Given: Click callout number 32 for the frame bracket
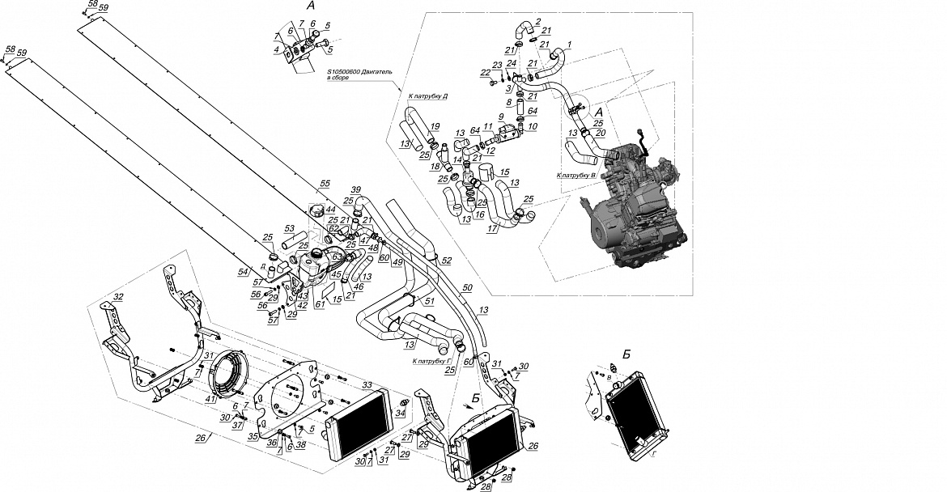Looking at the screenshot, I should [118, 298].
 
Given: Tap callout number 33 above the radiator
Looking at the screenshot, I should [367, 384].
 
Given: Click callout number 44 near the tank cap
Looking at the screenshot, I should [330, 210].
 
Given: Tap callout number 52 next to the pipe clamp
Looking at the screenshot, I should [446, 260].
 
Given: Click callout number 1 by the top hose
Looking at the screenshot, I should [568, 43].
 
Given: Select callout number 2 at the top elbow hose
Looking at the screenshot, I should [537, 21].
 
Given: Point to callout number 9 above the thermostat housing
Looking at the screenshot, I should [501, 117].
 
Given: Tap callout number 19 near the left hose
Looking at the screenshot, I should [435, 126].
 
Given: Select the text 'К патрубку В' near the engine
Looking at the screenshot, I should [577, 175].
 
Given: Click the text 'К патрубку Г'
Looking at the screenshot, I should [431, 362].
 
